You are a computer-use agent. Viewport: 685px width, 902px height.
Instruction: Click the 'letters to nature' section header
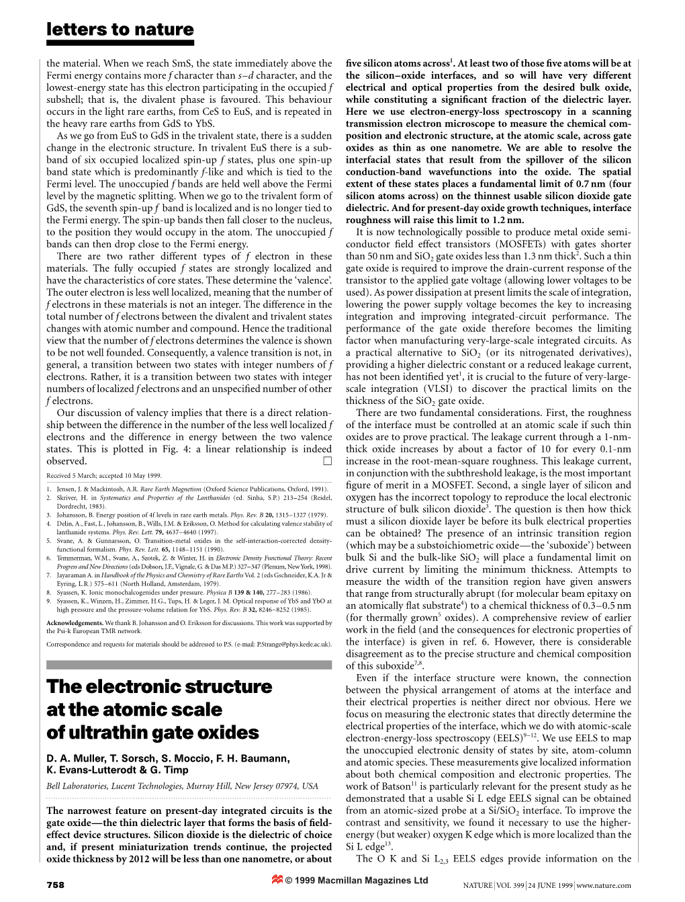pyautogui.click(x=120, y=30)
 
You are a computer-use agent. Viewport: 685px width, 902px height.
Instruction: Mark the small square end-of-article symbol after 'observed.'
pyautogui.click(x=327, y=461)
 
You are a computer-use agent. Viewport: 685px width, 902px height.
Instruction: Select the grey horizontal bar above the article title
pyautogui.click(x=189, y=665)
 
